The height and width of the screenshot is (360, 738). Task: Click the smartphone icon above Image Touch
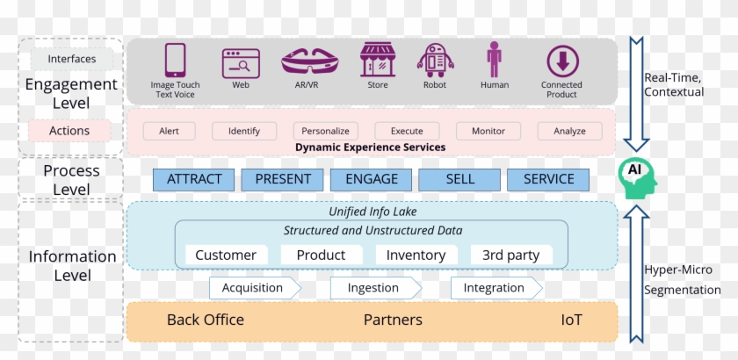(x=175, y=61)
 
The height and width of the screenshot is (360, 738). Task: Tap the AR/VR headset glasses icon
(x=312, y=61)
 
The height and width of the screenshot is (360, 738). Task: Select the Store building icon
(x=377, y=61)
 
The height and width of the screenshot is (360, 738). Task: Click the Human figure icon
(x=495, y=60)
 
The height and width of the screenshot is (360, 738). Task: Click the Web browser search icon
(x=241, y=62)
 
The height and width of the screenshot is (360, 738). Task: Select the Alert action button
(x=169, y=131)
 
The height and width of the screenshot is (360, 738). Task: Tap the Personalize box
(x=325, y=131)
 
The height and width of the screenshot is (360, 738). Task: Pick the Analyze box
(x=569, y=131)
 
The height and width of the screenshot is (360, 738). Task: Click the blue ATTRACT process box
(x=194, y=179)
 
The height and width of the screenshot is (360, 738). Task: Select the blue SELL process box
(x=459, y=179)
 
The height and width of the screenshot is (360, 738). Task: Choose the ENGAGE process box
(x=371, y=179)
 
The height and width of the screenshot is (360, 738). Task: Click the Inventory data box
(x=416, y=255)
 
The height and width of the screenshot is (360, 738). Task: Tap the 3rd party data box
(x=510, y=255)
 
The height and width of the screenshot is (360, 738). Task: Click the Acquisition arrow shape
(x=254, y=288)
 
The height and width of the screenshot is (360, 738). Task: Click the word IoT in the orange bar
(x=571, y=320)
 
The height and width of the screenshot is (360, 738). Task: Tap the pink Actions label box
(x=69, y=131)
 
